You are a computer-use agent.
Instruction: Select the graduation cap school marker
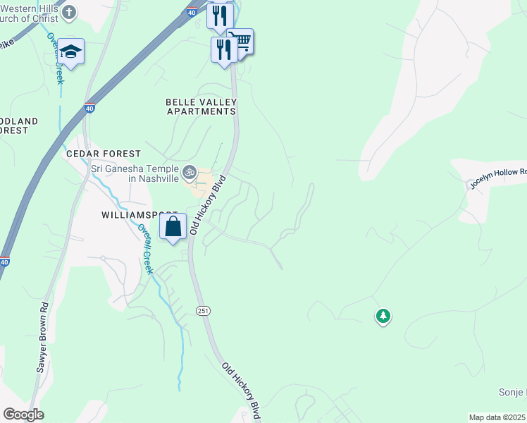point(70,51)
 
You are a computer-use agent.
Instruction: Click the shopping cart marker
point(241,42)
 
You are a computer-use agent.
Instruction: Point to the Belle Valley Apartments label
point(201,106)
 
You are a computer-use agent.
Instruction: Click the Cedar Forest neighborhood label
point(103,153)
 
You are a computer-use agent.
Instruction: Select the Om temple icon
point(189,171)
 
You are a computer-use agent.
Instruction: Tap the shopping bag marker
point(173,227)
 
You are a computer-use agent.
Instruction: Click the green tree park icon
point(383,317)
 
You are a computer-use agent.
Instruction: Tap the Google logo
point(23,415)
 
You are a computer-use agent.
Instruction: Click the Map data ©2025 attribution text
point(497,417)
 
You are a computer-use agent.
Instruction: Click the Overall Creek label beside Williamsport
point(146,249)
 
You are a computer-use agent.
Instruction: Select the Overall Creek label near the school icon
point(55,59)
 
